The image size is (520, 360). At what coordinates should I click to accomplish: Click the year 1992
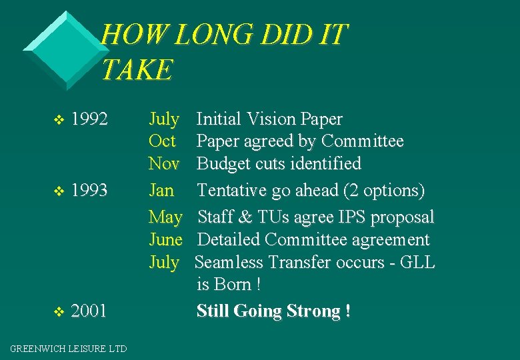[89, 119]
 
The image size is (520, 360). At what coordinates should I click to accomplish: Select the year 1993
[89, 191]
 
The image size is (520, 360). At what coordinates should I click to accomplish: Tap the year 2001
[89, 311]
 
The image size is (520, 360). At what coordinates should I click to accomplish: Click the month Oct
[162, 141]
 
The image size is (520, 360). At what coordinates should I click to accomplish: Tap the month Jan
[161, 191]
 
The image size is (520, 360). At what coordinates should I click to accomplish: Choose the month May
[165, 217]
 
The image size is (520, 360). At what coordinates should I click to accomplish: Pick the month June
[165, 239]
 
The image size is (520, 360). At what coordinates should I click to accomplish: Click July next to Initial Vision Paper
[163, 119]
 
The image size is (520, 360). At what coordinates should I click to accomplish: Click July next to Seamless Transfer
[163, 262]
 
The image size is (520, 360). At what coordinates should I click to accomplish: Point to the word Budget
[224, 163]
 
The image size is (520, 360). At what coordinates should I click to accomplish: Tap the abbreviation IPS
[354, 217]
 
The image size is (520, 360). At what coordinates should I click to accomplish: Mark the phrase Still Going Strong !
[273, 311]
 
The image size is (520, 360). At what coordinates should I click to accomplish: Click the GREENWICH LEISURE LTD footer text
[69, 348]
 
